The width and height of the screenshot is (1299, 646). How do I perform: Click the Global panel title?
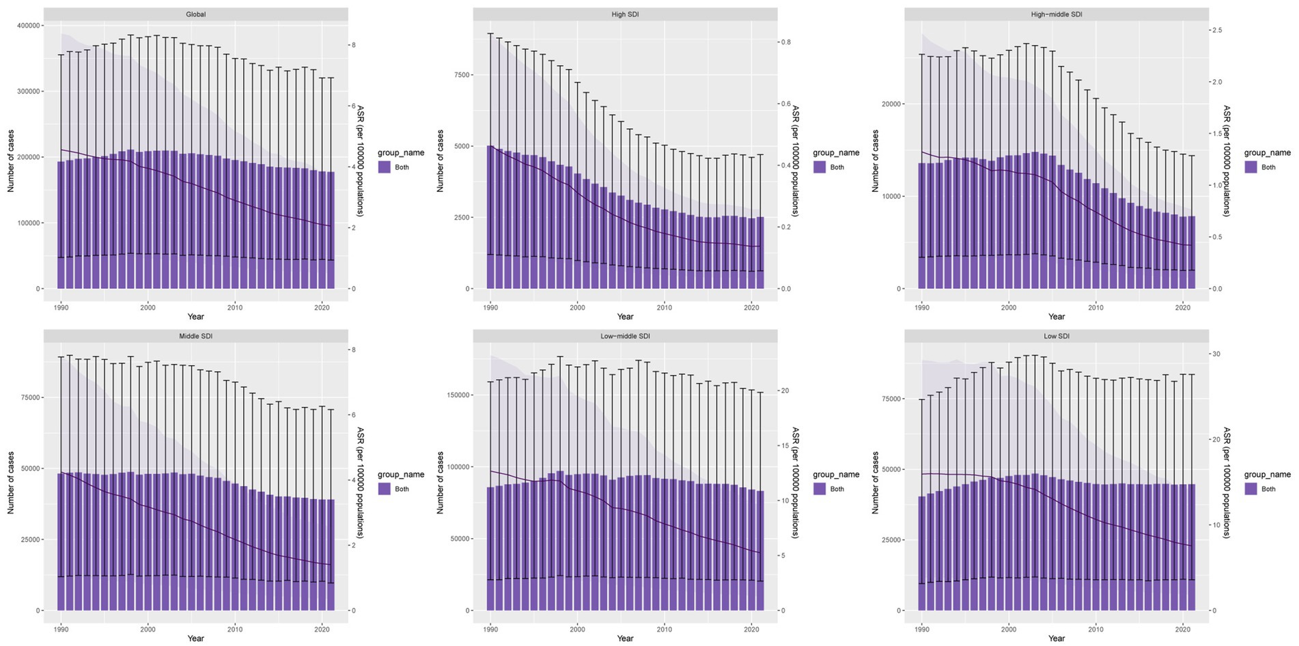195,14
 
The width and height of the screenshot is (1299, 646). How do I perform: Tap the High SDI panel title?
625,14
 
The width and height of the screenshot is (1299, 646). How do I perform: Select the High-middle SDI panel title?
1056,14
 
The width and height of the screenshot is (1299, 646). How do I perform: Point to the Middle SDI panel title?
195,336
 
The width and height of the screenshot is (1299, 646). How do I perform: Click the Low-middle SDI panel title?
625,336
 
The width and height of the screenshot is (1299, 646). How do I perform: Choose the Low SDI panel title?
1056,336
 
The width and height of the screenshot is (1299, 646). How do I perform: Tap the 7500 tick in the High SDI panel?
463,75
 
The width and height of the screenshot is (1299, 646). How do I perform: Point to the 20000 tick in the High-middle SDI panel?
893,104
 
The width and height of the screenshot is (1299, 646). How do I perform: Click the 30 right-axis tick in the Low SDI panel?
1216,354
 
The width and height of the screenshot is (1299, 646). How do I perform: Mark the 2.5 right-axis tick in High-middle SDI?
1217,31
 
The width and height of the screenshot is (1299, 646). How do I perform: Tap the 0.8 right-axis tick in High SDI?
786,42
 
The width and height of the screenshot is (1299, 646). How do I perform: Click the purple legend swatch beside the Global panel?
385,167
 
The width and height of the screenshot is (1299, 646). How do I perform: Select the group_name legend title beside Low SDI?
1267,475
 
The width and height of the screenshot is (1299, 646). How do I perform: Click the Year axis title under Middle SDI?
195,638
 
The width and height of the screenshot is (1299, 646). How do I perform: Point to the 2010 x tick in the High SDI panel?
665,308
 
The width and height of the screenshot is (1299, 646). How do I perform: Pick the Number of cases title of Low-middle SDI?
440,482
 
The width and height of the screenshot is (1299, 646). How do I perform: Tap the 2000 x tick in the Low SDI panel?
1008,630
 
